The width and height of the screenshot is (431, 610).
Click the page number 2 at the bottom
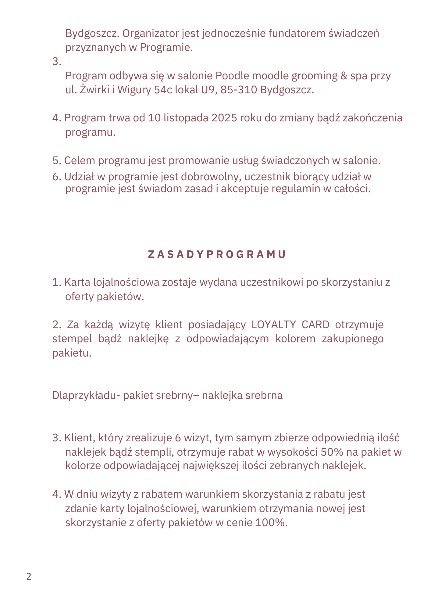pos(29,577)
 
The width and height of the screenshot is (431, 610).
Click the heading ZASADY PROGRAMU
pos(217,254)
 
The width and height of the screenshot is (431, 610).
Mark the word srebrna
pos(264,395)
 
